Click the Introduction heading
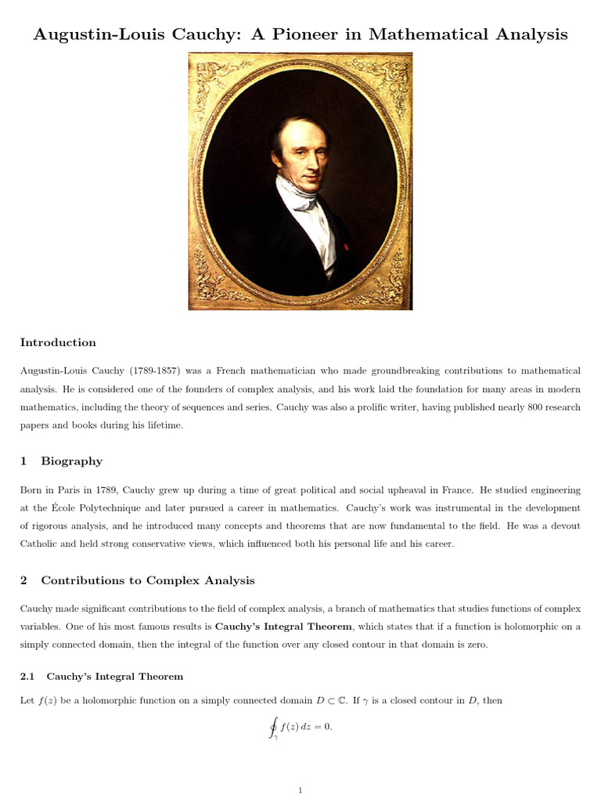click(x=58, y=342)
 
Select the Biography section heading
click(x=71, y=461)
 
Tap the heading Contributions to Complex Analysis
click(x=148, y=580)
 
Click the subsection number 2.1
click(x=28, y=676)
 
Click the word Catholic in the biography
click(x=41, y=544)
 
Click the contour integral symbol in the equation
click(x=273, y=728)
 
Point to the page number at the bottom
click(x=300, y=790)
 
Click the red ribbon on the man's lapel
click(x=346, y=245)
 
